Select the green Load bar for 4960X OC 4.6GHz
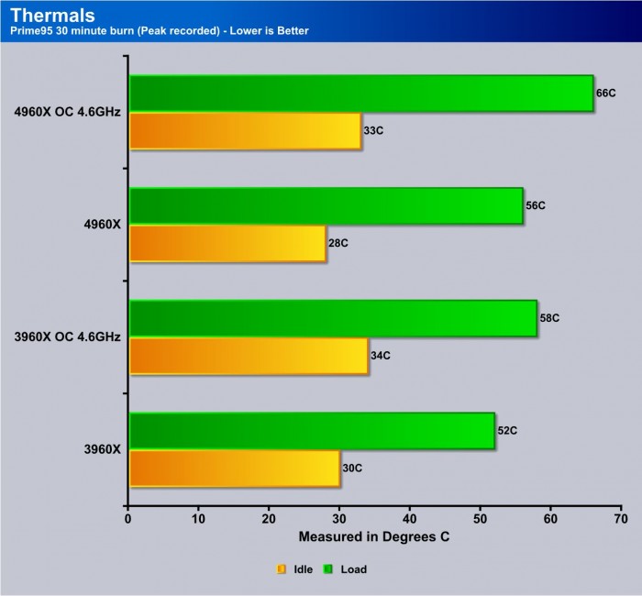(x=361, y=94)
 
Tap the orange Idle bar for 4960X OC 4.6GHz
(x=245, y=131)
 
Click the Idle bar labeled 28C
(x=227, y=243)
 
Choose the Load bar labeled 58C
(x=333, y=318)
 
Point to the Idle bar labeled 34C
(x=249, y=356)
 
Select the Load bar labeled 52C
(x=312, y=431)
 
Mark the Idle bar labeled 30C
(x=234, y=468)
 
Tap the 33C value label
(x=373, y=131)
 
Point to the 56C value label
(x=535, y=206)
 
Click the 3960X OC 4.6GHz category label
(x=67, y=337)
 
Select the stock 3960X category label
(x=101, y=449)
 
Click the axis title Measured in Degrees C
(x=373, y=537)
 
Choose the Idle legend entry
(x=294, y=569)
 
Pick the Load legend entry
(x=346, y=569)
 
